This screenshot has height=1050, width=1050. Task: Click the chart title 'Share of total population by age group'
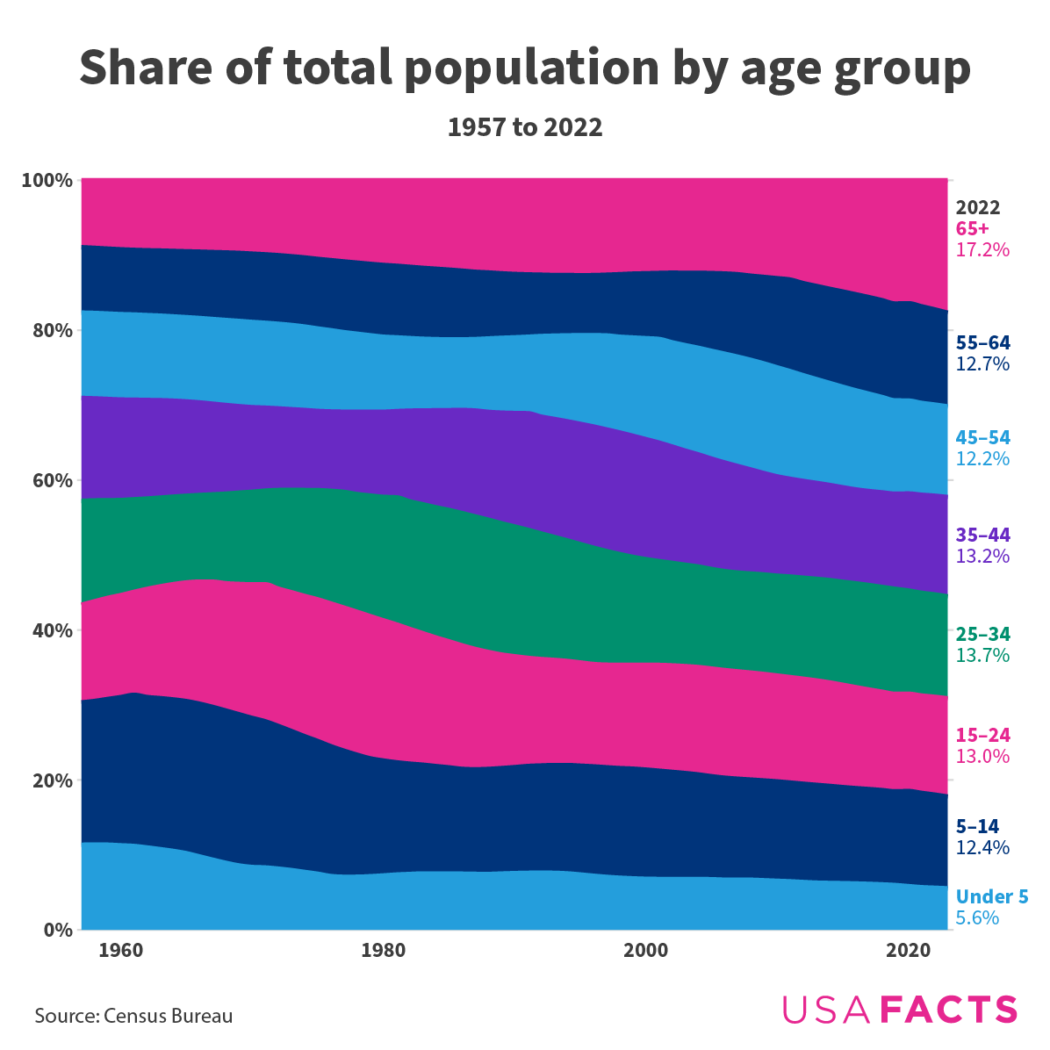pos(525,68)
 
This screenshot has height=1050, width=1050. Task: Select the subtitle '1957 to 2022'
pos(525,128)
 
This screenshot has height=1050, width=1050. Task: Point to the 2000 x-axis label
pos(646,951)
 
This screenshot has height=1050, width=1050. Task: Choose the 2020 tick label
pos(909,951)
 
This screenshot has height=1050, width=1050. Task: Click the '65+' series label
pos(973,228)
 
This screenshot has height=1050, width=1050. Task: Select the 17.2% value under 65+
pos(982,250)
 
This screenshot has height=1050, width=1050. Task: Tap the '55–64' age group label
pos(982,342)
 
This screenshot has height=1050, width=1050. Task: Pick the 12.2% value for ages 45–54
pos(982,459)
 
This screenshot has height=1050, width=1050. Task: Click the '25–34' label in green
pos(982,634)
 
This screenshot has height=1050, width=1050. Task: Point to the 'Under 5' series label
pos(992,896)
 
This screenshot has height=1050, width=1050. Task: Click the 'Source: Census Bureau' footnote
pos(134,1017)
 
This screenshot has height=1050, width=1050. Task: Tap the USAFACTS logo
pos(900,1010)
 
